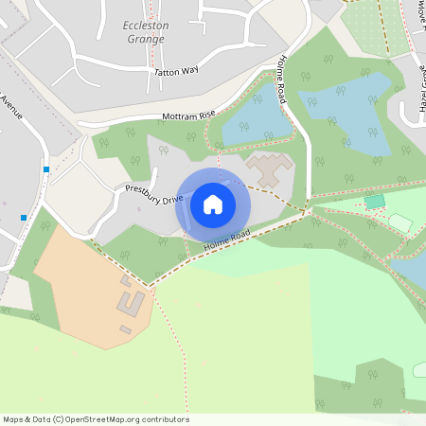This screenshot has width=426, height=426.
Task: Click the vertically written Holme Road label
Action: click(281, 80)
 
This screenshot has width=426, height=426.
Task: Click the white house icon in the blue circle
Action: click(213, 204)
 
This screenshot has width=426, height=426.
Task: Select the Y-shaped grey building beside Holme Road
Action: click(271, 169)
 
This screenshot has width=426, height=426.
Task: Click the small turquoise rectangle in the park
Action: click(375, 202)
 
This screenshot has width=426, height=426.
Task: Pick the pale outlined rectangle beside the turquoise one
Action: click(400, 222)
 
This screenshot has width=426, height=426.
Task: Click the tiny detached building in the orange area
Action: click(126, 328)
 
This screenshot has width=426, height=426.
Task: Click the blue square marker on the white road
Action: click(45, 169)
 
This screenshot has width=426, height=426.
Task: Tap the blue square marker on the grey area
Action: click(24, 218)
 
